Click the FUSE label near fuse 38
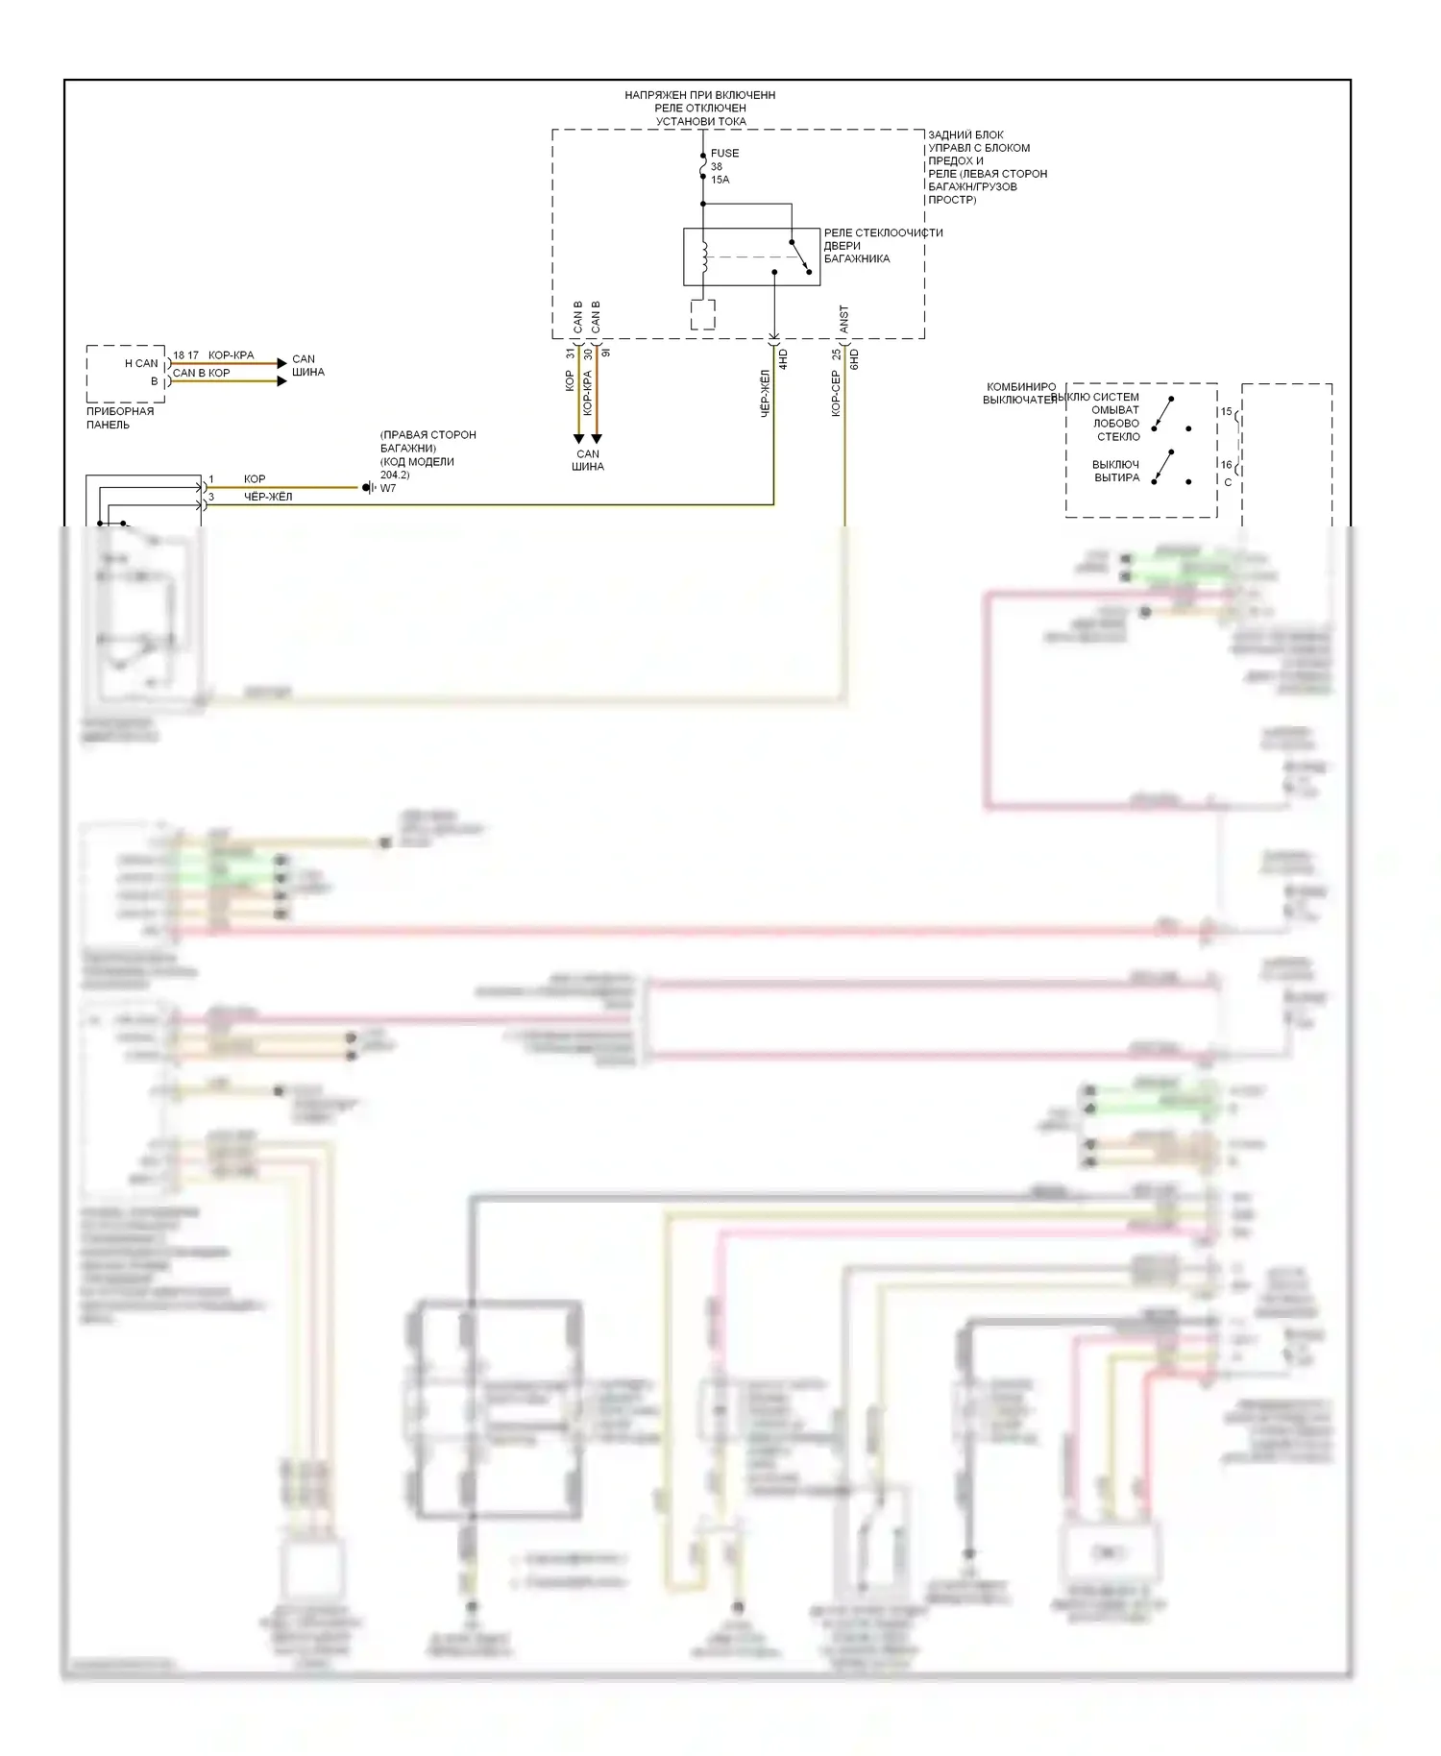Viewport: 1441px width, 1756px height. (724, 153)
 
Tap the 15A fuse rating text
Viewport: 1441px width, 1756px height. (720, 180)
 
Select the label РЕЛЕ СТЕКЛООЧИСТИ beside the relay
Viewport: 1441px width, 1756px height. (883, 232)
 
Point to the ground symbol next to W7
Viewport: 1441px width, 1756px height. (368, 488)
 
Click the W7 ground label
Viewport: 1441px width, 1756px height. (388, 488)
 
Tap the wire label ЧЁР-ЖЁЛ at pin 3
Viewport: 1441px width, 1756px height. (268, 497)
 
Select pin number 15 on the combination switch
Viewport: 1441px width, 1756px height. (1226, 412)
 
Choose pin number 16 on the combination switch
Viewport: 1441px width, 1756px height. (1226, 465)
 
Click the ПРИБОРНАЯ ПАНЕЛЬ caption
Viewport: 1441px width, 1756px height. (120, 418)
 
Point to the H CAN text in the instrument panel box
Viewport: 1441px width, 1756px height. (141, 363)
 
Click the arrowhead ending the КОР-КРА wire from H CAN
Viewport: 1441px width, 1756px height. (281, 363)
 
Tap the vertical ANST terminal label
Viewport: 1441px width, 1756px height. (843, 319)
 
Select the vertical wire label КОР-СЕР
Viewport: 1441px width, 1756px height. (836, 394)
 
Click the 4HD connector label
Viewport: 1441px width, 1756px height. (783, 360)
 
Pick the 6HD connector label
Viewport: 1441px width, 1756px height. (854, 360)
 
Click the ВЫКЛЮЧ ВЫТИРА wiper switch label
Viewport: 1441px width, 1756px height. (1116, 471)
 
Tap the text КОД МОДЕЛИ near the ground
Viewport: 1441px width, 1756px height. (417, 461)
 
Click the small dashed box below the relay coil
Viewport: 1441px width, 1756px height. (703, 314)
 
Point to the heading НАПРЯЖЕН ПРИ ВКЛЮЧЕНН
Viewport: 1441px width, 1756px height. (699, 95)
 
